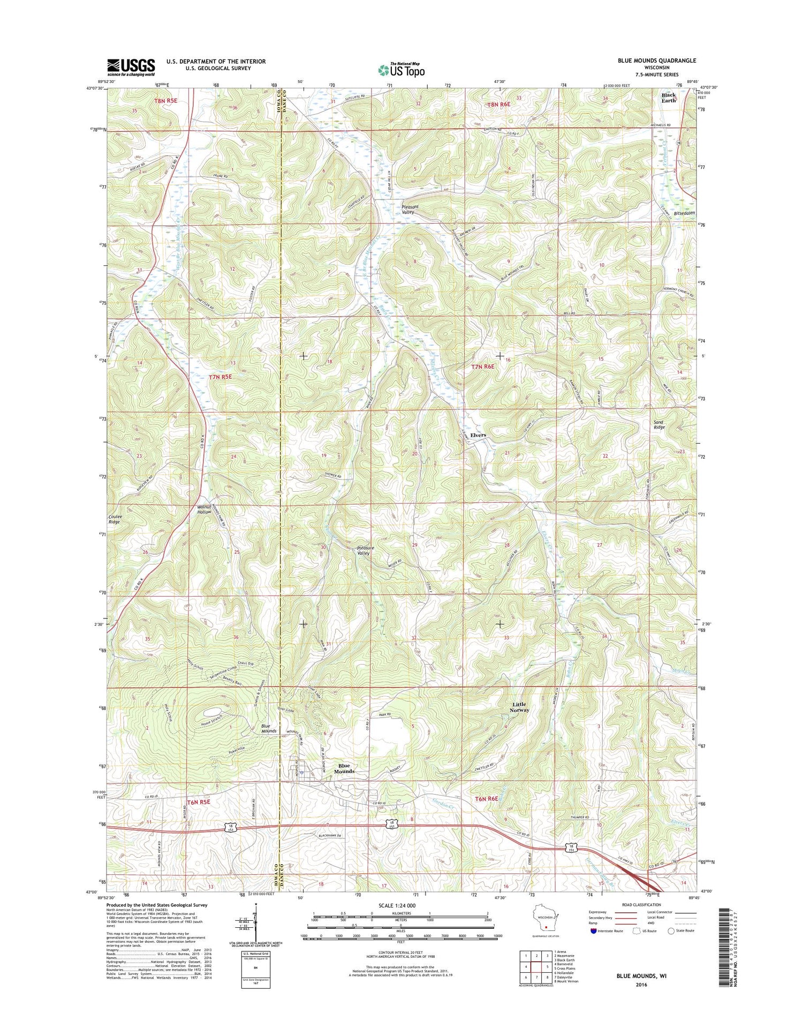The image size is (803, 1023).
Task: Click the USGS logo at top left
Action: pyautogui.click(x=131, y=66)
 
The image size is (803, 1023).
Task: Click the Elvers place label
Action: pyautogui.click(x=478, y=435)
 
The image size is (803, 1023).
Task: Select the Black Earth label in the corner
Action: pyautogui.click(x=669, y=97)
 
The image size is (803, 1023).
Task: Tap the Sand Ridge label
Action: pyautogui.click(x=659, y=425)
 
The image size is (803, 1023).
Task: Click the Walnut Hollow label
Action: pyautogui.click(x=204, y=509)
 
